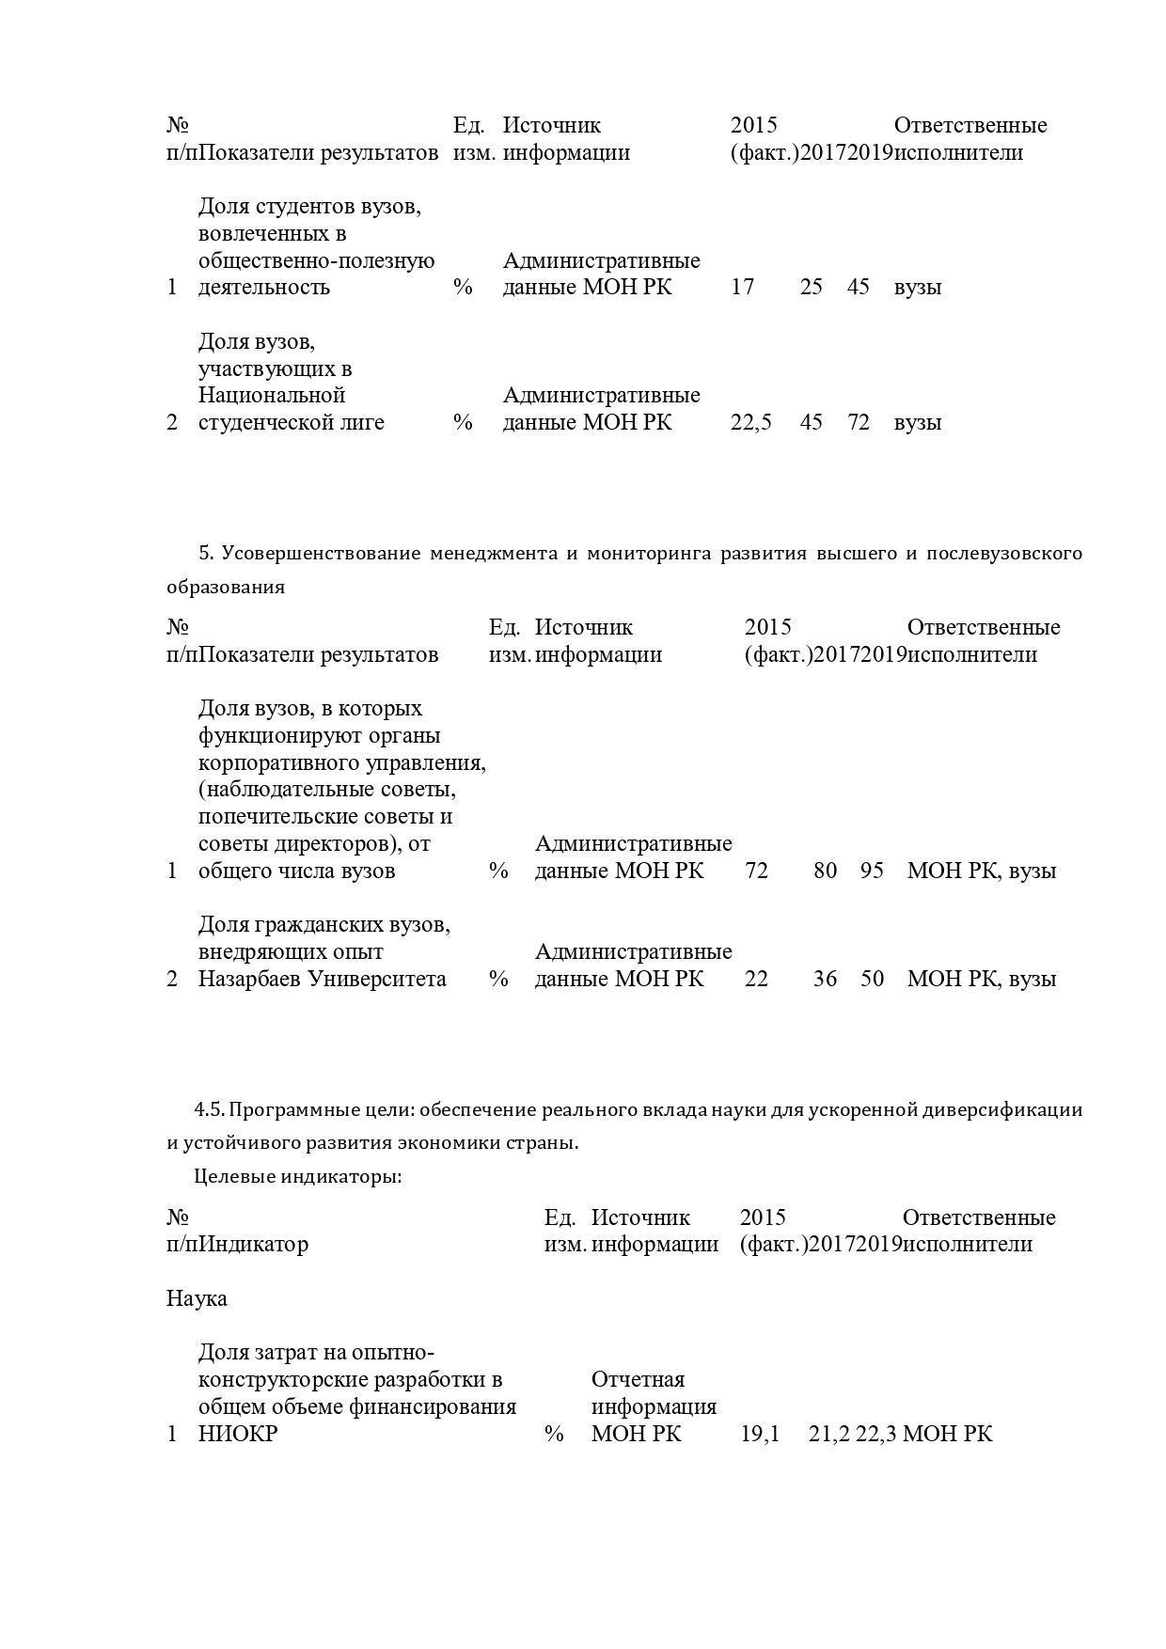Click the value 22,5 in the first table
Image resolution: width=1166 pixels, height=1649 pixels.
tap(750, 422)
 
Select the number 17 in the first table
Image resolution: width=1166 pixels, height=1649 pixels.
tap(742, 287)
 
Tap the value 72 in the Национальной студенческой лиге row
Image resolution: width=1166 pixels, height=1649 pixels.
tap(858, 422)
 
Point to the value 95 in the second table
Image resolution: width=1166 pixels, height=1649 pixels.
tap(872, 871)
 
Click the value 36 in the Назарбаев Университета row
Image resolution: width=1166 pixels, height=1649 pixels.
tap(825, 979)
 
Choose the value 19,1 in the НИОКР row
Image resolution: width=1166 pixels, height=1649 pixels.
tap(760, 1434)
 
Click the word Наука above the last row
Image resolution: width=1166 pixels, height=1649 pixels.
tap(197, 1298)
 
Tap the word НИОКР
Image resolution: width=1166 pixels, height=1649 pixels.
tap(238, 1434)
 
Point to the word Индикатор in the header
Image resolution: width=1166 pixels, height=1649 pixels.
tap(255, 1244)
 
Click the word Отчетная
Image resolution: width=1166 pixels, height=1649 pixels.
tap(638, 1379)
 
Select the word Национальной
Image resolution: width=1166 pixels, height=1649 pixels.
tap(272, 395)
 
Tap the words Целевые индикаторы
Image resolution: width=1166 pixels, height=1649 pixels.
tap(298, 1176)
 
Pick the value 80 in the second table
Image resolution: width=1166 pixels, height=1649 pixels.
tap(825, 871)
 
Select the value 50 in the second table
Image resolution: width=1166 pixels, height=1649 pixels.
tap(872, 979)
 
